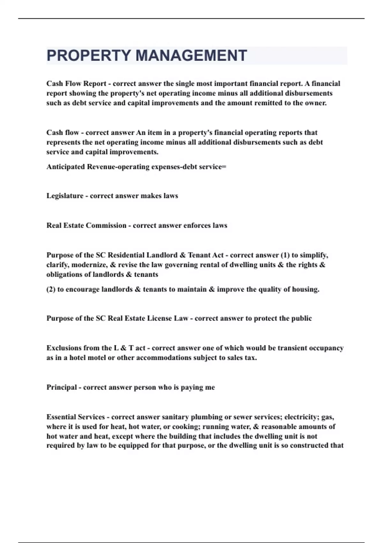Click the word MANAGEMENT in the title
191,56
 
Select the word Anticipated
66,167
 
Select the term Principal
62,387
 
